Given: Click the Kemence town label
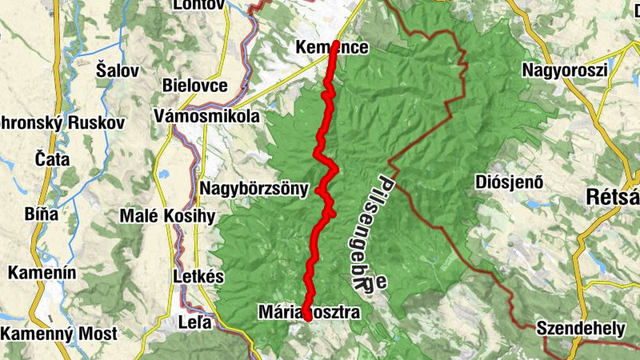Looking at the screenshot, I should [331, 48].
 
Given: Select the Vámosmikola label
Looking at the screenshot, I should [209, 117].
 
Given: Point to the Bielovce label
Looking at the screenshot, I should [194, 86].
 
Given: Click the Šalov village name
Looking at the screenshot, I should [117, 70].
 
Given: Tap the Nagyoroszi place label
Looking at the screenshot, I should [565, 70].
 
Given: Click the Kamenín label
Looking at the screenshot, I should [42, 274].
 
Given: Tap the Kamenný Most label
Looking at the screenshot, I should [58, 334].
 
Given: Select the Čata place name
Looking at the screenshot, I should [52, 159].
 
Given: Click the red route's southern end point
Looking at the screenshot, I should [307, 318].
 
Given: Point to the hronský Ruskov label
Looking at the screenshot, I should [62, 124].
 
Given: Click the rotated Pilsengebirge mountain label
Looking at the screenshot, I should [370, 232].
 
